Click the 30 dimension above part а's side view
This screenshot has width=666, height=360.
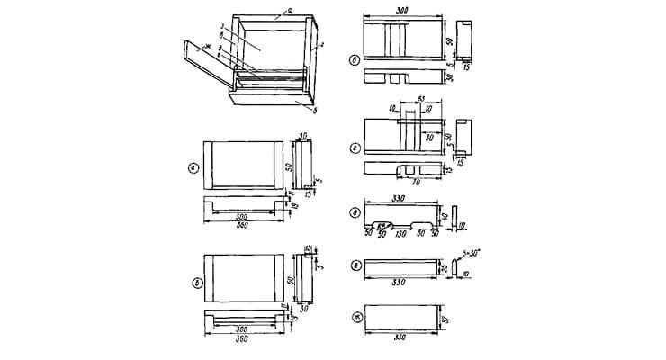click(x=302, y=137)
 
